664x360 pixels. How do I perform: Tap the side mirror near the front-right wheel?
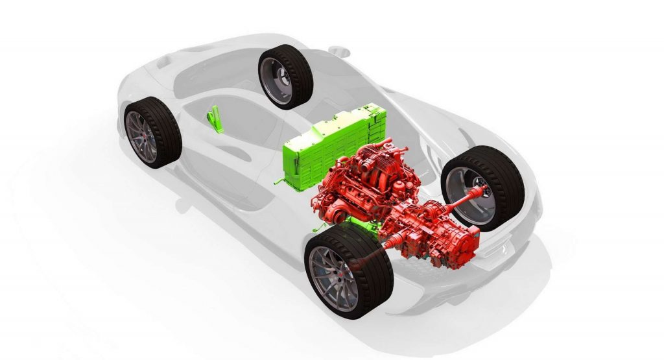(337, 49)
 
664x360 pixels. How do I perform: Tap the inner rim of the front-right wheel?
(281, 81)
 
